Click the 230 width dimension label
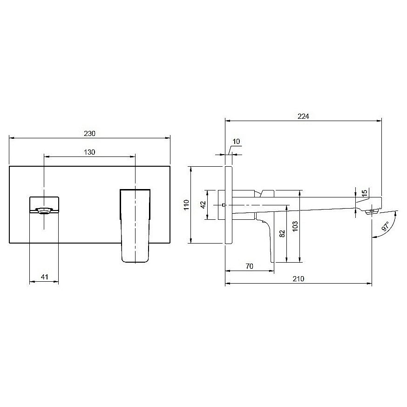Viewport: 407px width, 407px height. pyautogui.click(x=89, y=134)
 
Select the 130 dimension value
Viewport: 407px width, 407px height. pyautogui.click(x=89, y=152)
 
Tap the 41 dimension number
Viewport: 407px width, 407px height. pyautogui.click(x=45, y=277)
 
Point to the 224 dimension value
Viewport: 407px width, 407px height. pyautogui.click(x=303, y=116)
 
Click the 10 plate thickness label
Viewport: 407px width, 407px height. pyautogui.click(x=236, y=142)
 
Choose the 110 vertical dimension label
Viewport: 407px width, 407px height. pyautogui.click(x=186, y=205)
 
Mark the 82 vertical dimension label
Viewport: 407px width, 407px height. pyautogui.click(x=282, y=234)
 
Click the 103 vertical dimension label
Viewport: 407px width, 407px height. pyautogui.click(x=295, y=226)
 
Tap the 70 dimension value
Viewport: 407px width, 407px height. pyautogui.click(x=250, y=266)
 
